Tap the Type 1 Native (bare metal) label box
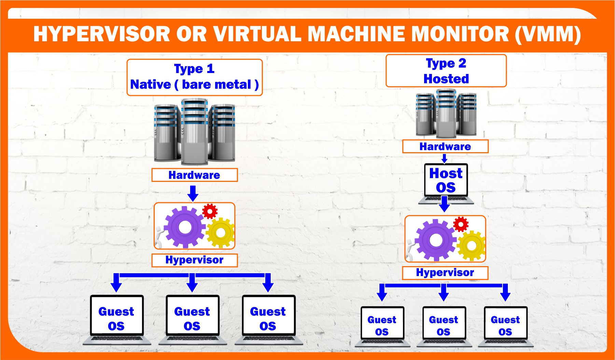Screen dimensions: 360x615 point(194,77)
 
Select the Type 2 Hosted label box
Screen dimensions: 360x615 point(446,71)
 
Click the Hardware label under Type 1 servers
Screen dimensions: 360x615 point(194,175)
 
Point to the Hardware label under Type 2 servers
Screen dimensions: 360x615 point(445,146)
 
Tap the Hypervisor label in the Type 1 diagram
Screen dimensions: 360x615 point(194,260)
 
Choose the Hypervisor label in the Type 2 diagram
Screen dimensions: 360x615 point(445,273)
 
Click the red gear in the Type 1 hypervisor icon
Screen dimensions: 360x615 point(210,211)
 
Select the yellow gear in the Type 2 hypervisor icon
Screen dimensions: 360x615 point(471,245)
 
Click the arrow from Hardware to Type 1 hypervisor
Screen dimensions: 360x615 point(193,193)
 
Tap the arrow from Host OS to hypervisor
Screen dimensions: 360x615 point(444,204)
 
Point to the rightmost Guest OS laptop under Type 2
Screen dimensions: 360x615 point(505,326)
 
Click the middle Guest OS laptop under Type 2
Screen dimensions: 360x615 point(444,326)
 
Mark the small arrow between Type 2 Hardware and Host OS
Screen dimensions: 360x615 point(444,158)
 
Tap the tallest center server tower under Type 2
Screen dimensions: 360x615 point(446,113)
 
